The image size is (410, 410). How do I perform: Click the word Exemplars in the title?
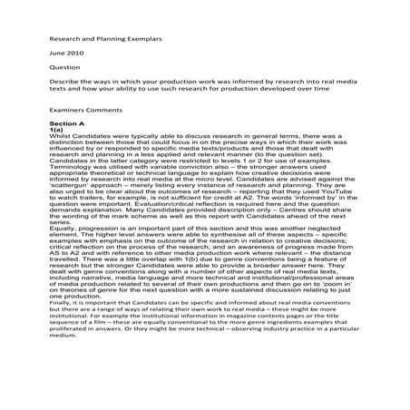132,39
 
